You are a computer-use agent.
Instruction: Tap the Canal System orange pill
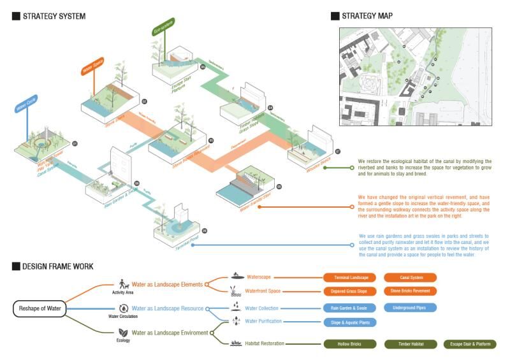coord(410,278)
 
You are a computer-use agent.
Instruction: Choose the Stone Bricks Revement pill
coord(411,291)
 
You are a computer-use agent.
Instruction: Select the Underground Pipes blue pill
coord(410,308)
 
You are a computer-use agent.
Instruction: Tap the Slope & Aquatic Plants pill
coord(350,322)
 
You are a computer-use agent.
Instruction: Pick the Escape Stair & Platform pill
coord(469,344)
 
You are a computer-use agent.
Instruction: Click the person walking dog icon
coord(124,284)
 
